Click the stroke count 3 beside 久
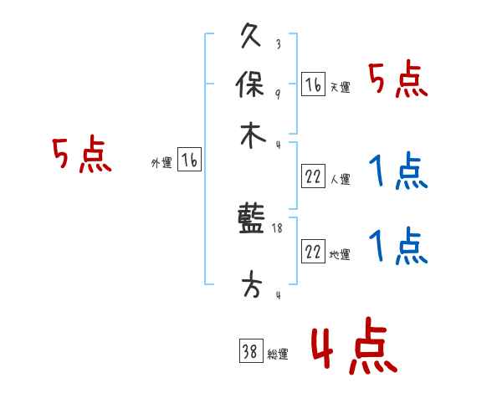pyautogui.click(x=277, y=44)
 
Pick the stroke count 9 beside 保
pyautogui.click(x=277, y=93)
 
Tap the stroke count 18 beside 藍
pyautogui.click(x=277, y=227)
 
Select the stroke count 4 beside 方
pyautogui.click(x=277, y=294)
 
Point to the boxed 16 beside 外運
pyautogui.click(x=190, y=161)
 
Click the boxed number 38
pyautogui.click(x=250, y=351)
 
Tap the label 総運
pyautogui.click(x=278, y=355)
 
